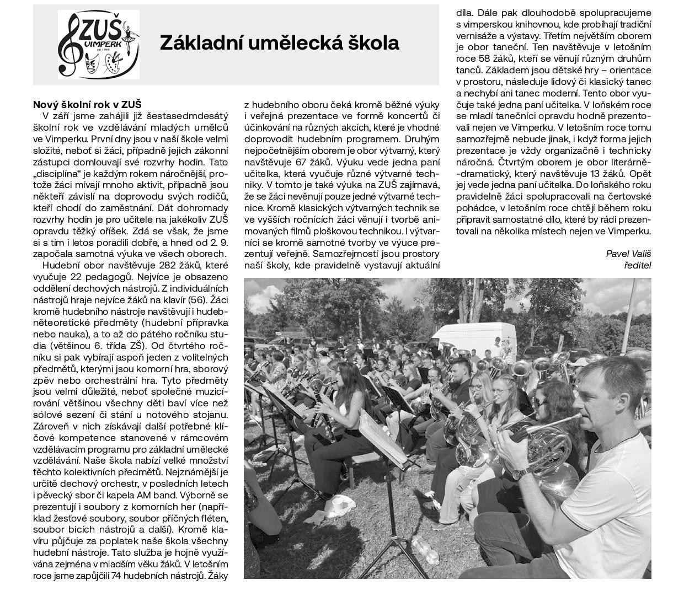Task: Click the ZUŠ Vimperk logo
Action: [x=99, y=45]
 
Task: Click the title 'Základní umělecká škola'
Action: [x=279, y=42]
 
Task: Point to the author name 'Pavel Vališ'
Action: [x=628, y=254]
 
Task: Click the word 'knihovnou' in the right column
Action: [x=552, y=24]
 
